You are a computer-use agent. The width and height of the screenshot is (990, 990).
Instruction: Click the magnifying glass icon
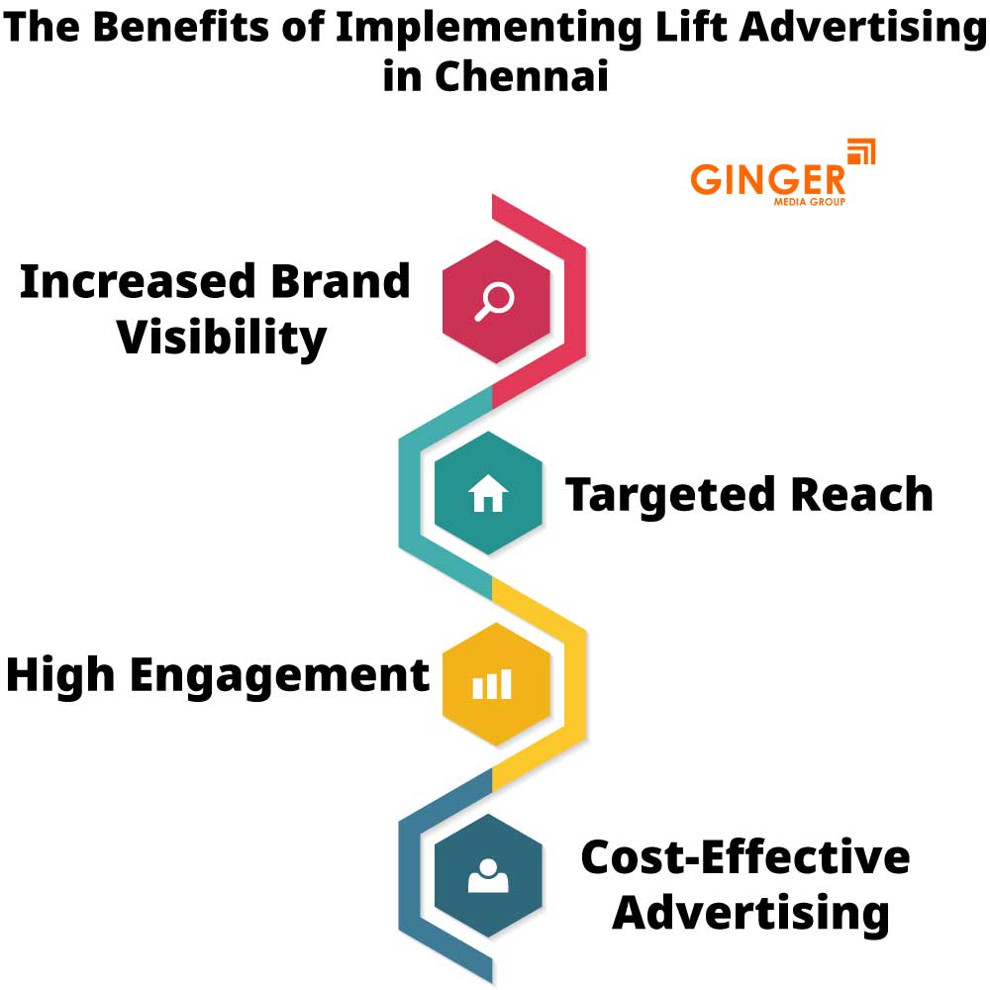coord(493,301)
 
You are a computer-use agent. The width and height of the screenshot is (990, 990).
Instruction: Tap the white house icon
coord(488,492)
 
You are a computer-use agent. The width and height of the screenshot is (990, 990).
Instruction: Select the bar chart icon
coord(492,684)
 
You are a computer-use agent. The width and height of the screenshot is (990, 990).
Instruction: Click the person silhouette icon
coord(487,875)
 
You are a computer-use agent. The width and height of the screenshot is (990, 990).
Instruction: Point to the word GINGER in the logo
coord(768,180)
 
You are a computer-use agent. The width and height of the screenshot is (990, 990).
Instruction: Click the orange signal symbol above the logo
coord(861,153)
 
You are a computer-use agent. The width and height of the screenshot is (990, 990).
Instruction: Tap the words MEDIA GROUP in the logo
coord(809,202)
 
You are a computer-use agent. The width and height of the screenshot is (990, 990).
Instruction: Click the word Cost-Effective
coord(744,856)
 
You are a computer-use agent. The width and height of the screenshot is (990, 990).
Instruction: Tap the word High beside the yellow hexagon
coord(63,675)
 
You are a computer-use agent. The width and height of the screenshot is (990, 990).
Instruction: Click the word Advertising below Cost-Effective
coord(750,912)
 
